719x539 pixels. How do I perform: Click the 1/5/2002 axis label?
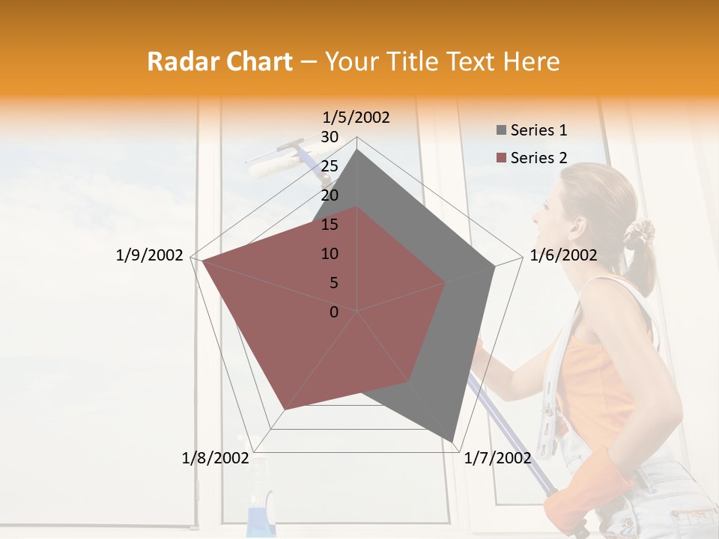coord(356,118)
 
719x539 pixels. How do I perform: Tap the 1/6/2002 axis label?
coord(563,255)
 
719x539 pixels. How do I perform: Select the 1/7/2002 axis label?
coord(497,458)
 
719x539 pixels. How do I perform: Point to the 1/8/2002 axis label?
coord(215,458)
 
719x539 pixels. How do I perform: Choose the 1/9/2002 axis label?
coord(149,255)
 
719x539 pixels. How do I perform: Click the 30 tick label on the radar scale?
coord(330,137)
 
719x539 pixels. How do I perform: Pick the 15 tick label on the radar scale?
coord(330,225)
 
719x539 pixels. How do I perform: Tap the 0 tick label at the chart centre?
coord(334,312)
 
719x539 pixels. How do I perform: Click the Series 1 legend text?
coord(539,130)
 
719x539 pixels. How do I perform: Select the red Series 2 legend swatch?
coord(501,158)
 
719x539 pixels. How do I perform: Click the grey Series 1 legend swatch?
coord(501,131)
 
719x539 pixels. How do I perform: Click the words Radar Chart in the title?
coord(219,61)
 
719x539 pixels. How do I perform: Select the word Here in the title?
coord(531,61)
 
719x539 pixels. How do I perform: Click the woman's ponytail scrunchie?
coord(639,234)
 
